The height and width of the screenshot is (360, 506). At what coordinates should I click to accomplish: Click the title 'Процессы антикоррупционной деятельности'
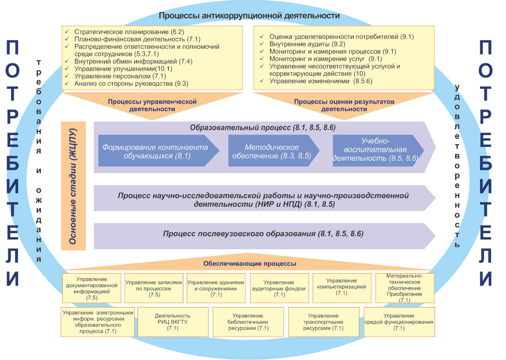click(249, 16)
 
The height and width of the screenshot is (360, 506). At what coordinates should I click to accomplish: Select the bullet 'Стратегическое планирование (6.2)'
click(129, 32)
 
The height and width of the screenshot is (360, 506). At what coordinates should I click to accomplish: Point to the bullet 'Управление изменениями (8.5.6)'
click(321, 81)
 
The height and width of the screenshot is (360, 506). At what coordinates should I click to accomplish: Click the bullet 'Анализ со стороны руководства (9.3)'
click(131, 84)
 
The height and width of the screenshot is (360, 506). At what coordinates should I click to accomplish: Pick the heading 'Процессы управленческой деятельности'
click(152, 105)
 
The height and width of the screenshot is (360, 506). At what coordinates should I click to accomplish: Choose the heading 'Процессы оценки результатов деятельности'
click(344, 105)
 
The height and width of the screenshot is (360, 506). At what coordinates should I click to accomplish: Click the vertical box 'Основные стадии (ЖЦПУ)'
click(73, 186)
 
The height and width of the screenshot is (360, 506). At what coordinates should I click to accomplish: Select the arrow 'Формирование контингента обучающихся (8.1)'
click(155, 152)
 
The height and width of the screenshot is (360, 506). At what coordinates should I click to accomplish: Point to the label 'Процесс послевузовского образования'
click(263, 234)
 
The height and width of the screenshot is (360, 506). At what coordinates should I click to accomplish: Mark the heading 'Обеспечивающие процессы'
click(249, 264)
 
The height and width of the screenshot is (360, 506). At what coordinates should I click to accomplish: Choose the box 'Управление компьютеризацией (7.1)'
click(341, 287)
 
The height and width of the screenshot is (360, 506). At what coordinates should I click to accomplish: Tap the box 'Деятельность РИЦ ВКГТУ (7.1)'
click(173, 322)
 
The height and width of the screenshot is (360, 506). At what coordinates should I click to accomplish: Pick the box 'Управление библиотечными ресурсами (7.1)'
click(248, 322)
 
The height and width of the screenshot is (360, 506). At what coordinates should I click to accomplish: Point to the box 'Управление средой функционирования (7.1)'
click(399, 322)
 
